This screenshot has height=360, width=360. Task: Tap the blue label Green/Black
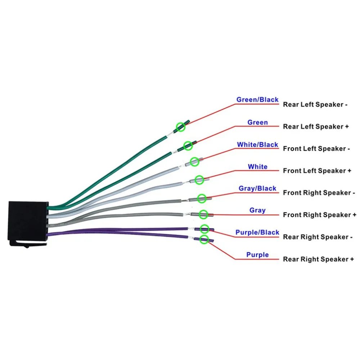[x=257, y=100]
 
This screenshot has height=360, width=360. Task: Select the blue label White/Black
[x=257, y=145]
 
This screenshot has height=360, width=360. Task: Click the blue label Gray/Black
[x=257, y=189]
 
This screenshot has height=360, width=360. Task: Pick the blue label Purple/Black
[x=257, y=232]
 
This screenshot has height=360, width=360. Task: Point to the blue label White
[x=258, y=167]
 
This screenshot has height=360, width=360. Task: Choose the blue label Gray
[x=257, y=210]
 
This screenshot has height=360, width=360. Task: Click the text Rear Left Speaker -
[x=315, y=104]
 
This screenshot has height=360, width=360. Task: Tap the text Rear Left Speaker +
[x=316, y=126]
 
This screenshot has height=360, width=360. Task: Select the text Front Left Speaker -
[x=316, y=149]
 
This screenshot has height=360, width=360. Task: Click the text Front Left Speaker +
[x=317, y=171]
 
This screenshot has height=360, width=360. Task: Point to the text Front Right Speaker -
[x=319, y=193]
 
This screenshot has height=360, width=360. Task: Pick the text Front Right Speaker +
[x=320, y=215]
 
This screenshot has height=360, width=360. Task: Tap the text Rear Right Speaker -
[x=318, y=237]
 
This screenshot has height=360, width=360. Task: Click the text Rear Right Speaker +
[x=319, y=259]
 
